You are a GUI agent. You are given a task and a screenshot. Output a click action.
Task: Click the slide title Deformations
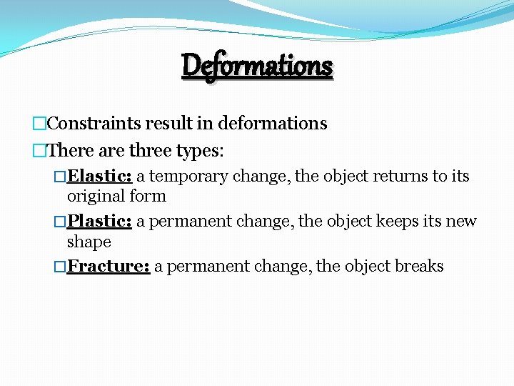257,66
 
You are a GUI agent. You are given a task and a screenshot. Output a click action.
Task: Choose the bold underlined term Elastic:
100,176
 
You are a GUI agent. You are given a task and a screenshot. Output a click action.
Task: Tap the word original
96,196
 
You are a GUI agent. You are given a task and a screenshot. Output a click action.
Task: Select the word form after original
148,196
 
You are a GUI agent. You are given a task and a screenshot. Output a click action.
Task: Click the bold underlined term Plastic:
99,222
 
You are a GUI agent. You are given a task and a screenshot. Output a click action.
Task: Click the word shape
89,242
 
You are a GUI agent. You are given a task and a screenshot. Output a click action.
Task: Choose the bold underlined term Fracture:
108,267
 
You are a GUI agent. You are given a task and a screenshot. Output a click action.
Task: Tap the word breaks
419,267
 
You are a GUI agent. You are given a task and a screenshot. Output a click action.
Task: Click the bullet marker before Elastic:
60,176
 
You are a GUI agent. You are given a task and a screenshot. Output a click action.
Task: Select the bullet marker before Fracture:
60,267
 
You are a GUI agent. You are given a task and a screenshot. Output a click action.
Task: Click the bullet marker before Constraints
39,124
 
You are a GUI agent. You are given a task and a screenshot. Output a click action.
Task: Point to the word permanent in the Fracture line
204,267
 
